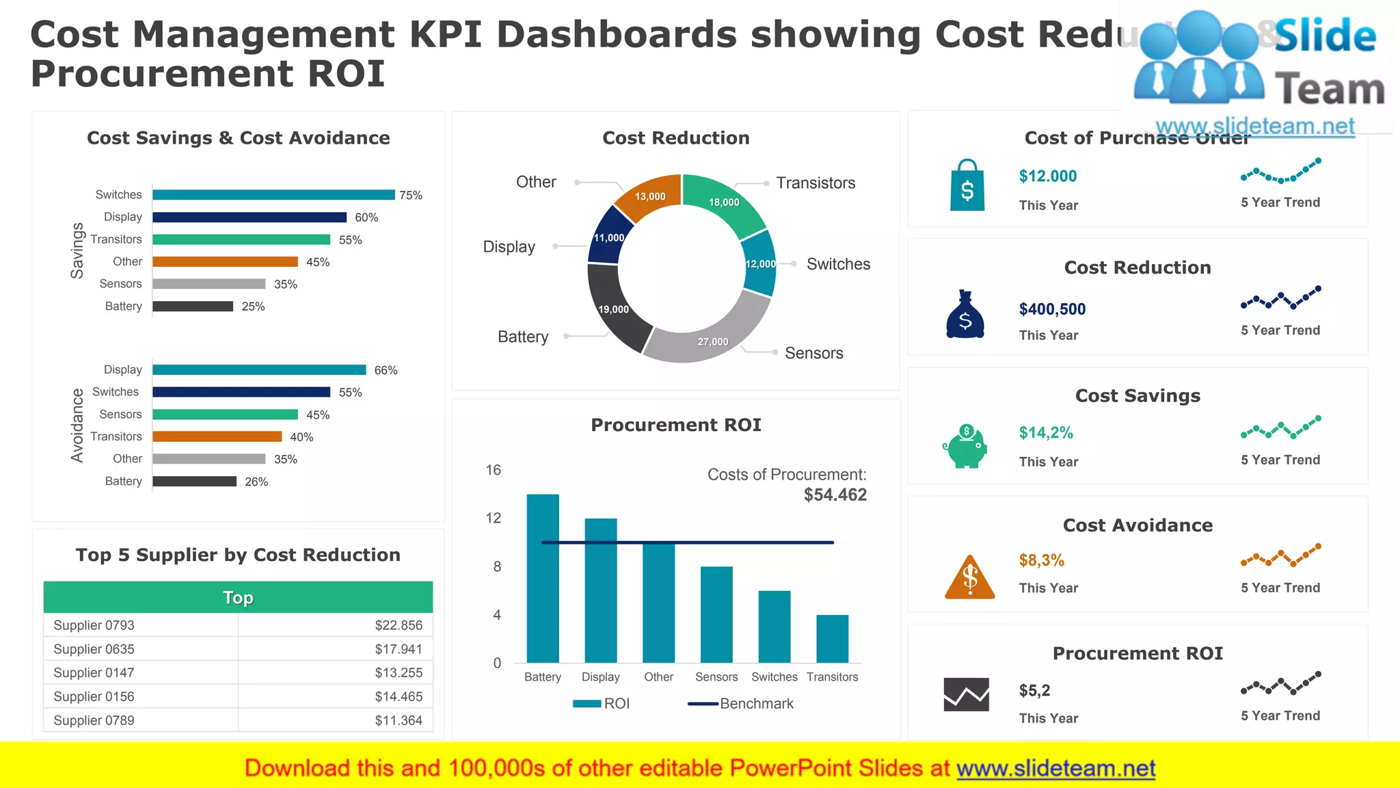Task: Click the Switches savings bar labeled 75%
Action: click(x=273, y=195)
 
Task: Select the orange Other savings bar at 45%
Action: click(x=225, y=262)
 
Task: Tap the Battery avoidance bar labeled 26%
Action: click(x=194, y=482)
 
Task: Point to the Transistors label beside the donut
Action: click(x=816, y=183)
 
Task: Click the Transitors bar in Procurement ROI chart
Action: click(x=832, y=639)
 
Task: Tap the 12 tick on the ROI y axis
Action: click(x=494, y=518)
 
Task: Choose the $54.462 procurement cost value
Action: click(x=835, y=495)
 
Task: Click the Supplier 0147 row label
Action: click(x=94, y=673)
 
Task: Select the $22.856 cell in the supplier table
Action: click(x=399, y=625)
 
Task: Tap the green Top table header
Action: click(x=238, y=597)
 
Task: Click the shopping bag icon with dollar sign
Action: click(x=967, y=185)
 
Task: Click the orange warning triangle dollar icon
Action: click(x=969, y=577)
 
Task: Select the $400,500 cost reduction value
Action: click(x=1052, y=309)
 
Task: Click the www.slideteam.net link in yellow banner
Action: click(x=1055, y=769)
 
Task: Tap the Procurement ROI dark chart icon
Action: click(x=966, y=694)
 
